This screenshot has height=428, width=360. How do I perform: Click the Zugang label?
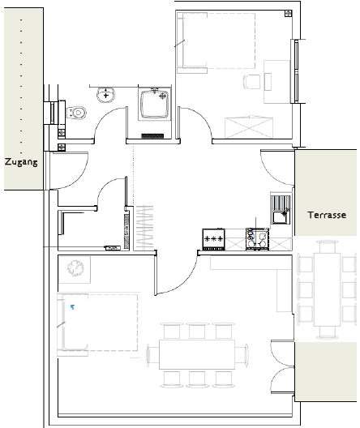(x=21, y=162)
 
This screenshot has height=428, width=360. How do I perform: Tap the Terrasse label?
(x=327, y=215)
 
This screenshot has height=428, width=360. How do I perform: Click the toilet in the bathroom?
(x=76, y=113)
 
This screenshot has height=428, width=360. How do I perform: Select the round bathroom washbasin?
(x=105, y=95)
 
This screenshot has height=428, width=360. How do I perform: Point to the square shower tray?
(x=154, y=104)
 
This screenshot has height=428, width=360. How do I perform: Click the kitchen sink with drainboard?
(x=281, y=210)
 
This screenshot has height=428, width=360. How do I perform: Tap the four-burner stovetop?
(x=257, y=238)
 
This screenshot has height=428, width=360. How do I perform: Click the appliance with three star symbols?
(x=214, y=239)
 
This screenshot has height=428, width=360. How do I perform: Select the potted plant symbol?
(x=75, y=268)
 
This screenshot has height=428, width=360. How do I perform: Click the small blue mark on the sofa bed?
(x=72, y=307)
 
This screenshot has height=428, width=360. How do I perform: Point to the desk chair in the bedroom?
(x=251, y=82)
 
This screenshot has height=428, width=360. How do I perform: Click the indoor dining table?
(x=197, y=354)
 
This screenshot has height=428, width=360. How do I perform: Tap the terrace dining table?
(x=327, y=289)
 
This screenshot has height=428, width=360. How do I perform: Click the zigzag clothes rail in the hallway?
(x=144, y=228)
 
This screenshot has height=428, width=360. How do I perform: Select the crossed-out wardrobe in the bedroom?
(x=249, y=127)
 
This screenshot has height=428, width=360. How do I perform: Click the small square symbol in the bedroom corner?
(x=288, y=13)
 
